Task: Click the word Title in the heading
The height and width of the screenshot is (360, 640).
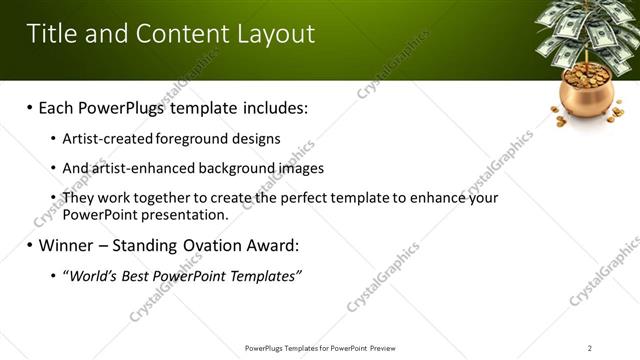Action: coord(50,34)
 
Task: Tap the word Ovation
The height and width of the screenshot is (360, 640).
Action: coord(210,245)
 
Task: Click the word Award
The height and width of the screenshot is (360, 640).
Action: coord(270,245)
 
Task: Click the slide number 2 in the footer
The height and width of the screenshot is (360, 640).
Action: coord(590,348)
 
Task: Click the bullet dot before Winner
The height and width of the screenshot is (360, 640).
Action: coord(30,245)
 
